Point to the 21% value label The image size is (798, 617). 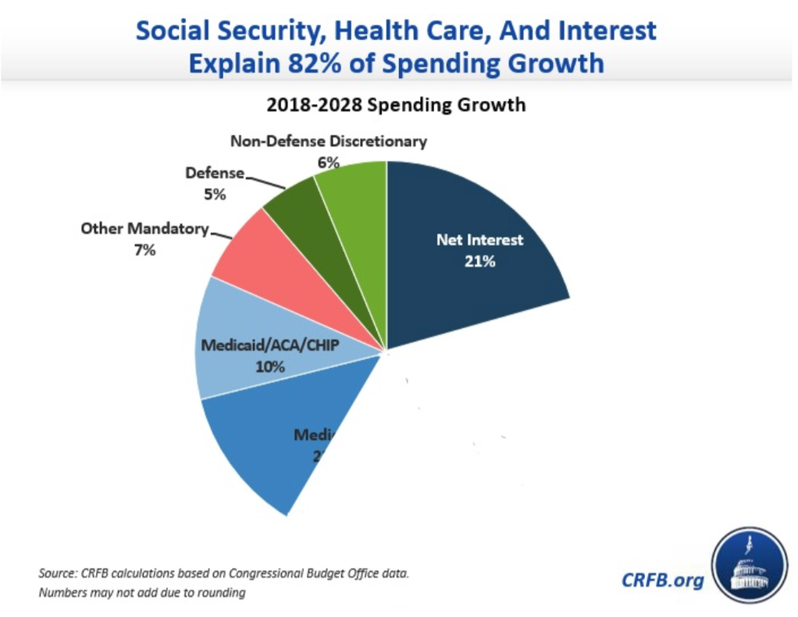[479, 261]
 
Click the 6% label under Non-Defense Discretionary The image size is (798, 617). [328, 162]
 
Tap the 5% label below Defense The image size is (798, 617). [215, 195]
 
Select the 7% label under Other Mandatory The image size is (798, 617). [145, 250]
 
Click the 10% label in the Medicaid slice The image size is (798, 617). [270, 366]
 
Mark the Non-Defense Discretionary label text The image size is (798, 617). [328, 141]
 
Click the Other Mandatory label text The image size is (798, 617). [145, 229]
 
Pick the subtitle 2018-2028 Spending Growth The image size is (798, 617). [396, 105]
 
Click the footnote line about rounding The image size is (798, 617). [142, 593]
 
